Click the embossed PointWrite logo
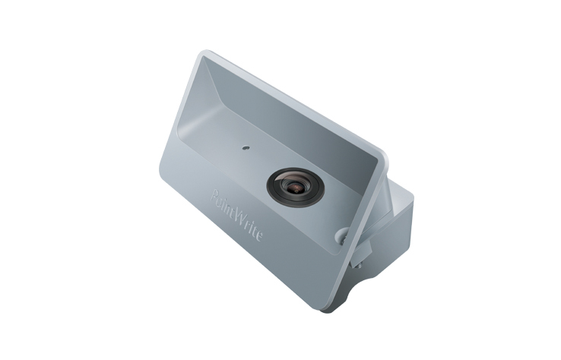(236, 216)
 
